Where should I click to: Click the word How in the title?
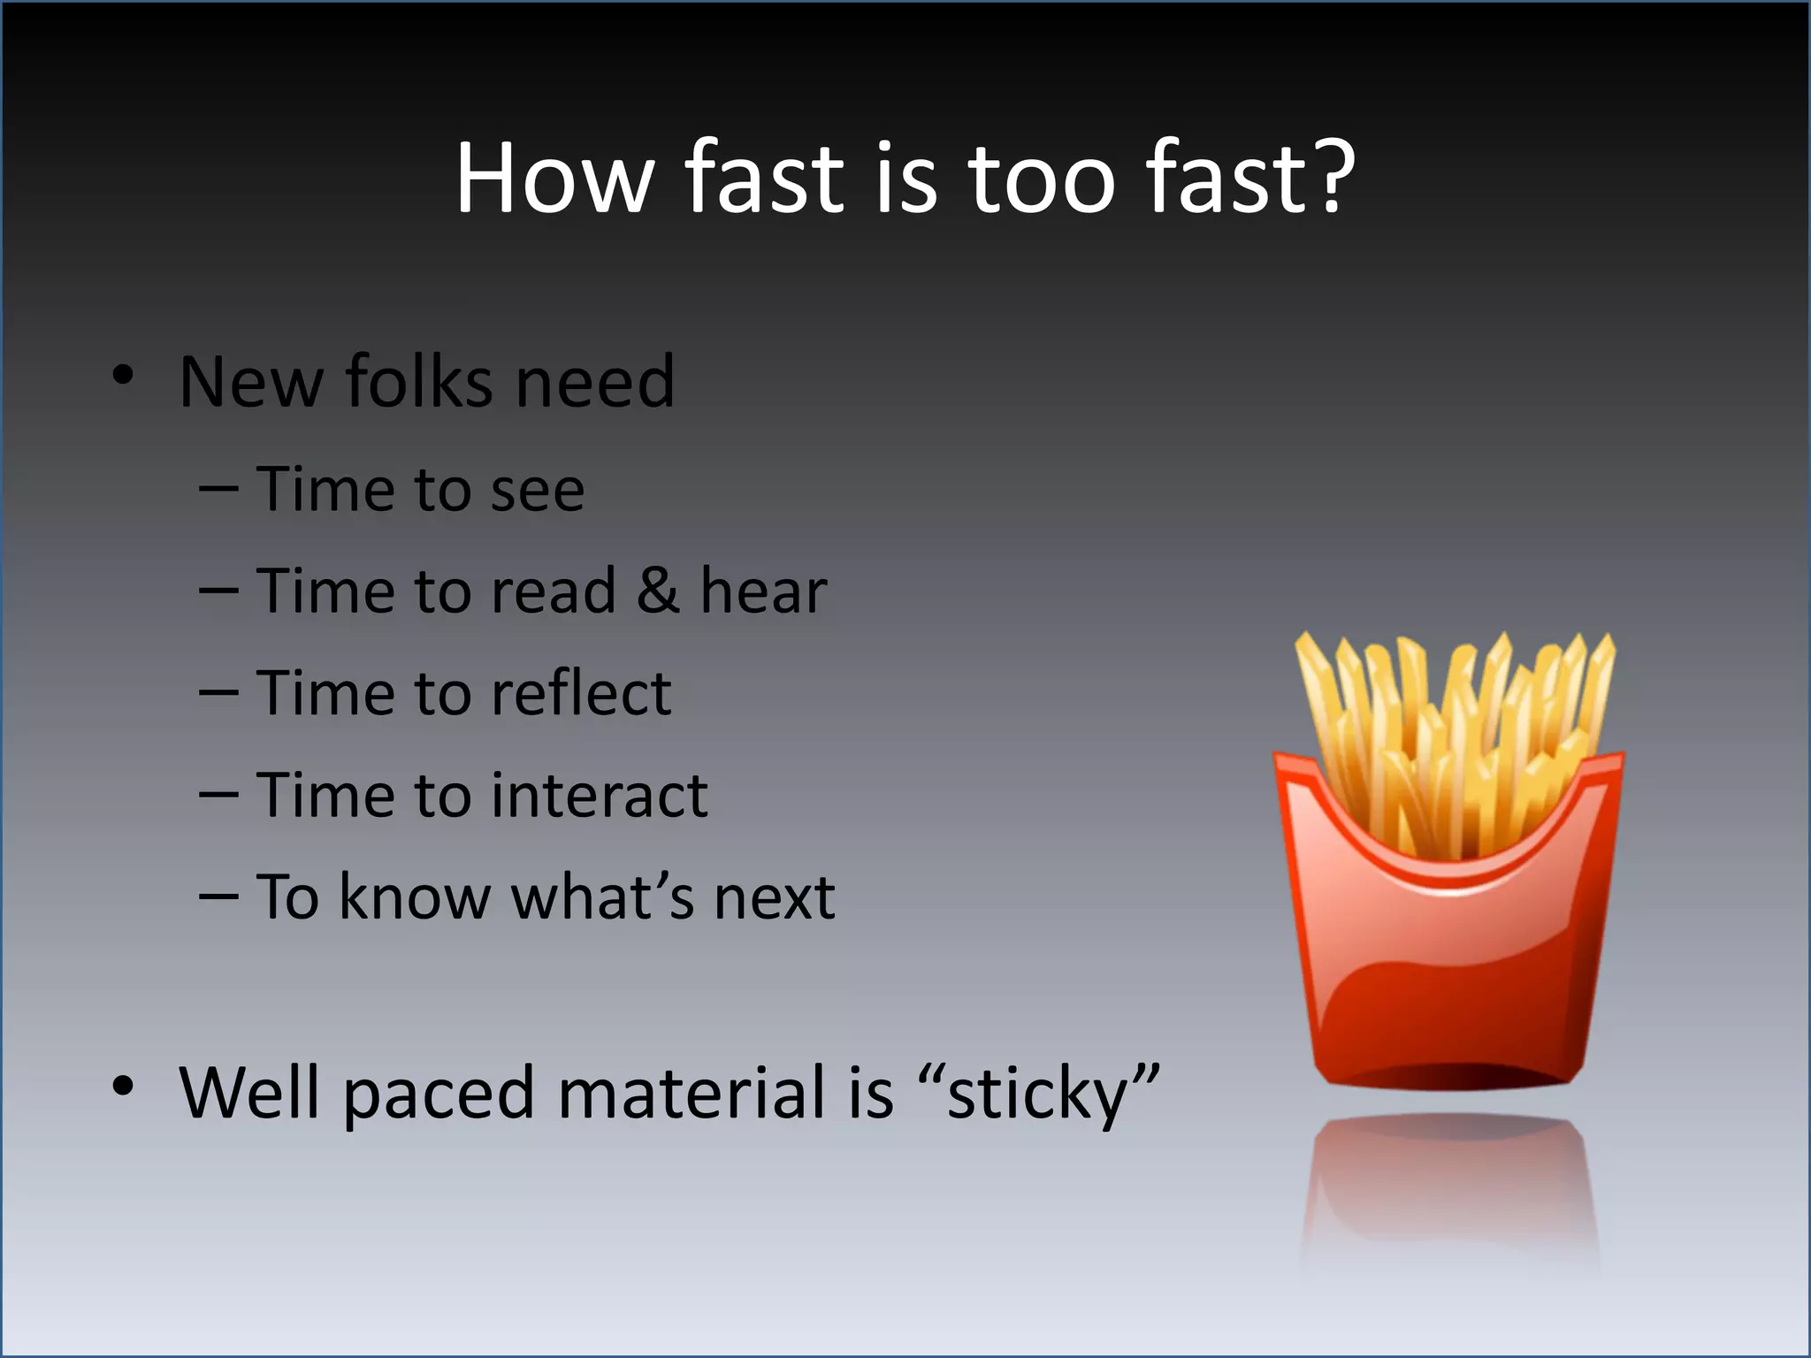point(554,179)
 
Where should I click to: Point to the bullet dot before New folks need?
point(123,375)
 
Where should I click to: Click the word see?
point(537,492)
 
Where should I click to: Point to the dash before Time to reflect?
point(218,694)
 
